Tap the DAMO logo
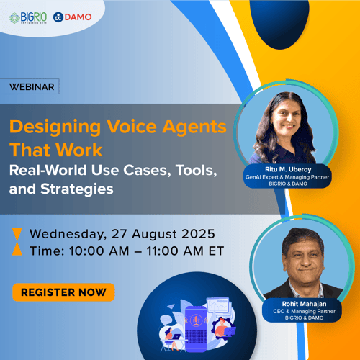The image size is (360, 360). coord(73,17)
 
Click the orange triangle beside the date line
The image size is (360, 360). coord(17,233)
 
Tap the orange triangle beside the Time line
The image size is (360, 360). coord(17,250)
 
